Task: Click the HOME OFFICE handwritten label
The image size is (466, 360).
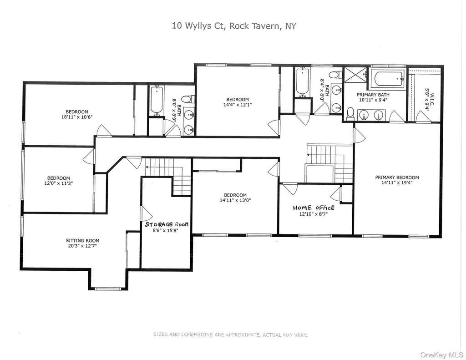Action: click(314, 208)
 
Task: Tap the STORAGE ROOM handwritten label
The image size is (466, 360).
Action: click(167, 224)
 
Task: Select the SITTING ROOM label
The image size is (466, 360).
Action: click(83, 240)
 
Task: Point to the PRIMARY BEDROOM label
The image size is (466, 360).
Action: click(397, 177)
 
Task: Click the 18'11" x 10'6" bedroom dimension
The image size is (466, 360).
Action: click(77, 117)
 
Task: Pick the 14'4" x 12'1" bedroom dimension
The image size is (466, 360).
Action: click(238, 105)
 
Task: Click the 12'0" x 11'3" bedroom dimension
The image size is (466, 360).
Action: click(59, 183)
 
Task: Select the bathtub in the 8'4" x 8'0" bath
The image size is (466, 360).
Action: click(302, 81)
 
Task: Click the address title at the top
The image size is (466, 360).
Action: click(234, 26)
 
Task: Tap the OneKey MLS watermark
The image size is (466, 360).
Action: click(442, 355)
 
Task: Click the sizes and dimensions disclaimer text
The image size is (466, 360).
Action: click(230, 335)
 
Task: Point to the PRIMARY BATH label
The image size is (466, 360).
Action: click(373, 95)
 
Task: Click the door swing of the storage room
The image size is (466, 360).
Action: click(146, 213)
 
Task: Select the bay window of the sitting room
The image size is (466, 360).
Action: click(108, 288)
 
